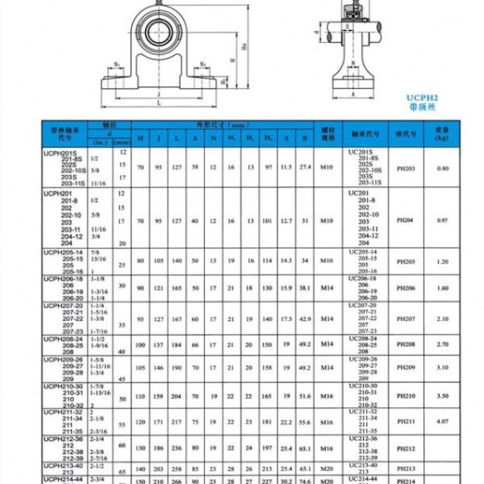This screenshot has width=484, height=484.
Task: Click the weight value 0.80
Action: click(442, 167)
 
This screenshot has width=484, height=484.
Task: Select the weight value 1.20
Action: click(442, 261)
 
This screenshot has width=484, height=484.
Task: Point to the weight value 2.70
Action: click(442, 344)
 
